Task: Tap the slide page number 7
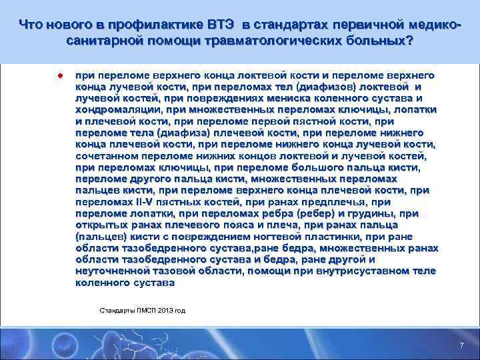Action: pyautogui.click(x=461, y=344)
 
